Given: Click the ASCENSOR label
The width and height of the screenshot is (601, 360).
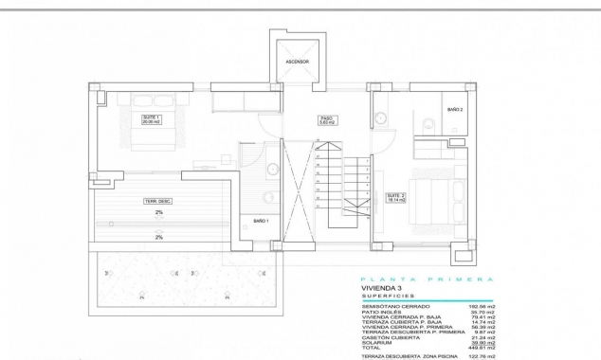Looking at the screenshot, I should pos(298,63).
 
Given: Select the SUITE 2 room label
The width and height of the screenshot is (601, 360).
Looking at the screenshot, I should pos(395,198).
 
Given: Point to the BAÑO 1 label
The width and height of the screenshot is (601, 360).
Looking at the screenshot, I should pos(262,221).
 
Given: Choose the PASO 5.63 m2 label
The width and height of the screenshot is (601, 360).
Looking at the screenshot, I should pos(328,120).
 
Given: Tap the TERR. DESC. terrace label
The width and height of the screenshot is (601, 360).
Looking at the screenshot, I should pos(157,201).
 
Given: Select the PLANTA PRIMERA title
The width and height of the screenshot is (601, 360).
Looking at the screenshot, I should pos(428,279).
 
